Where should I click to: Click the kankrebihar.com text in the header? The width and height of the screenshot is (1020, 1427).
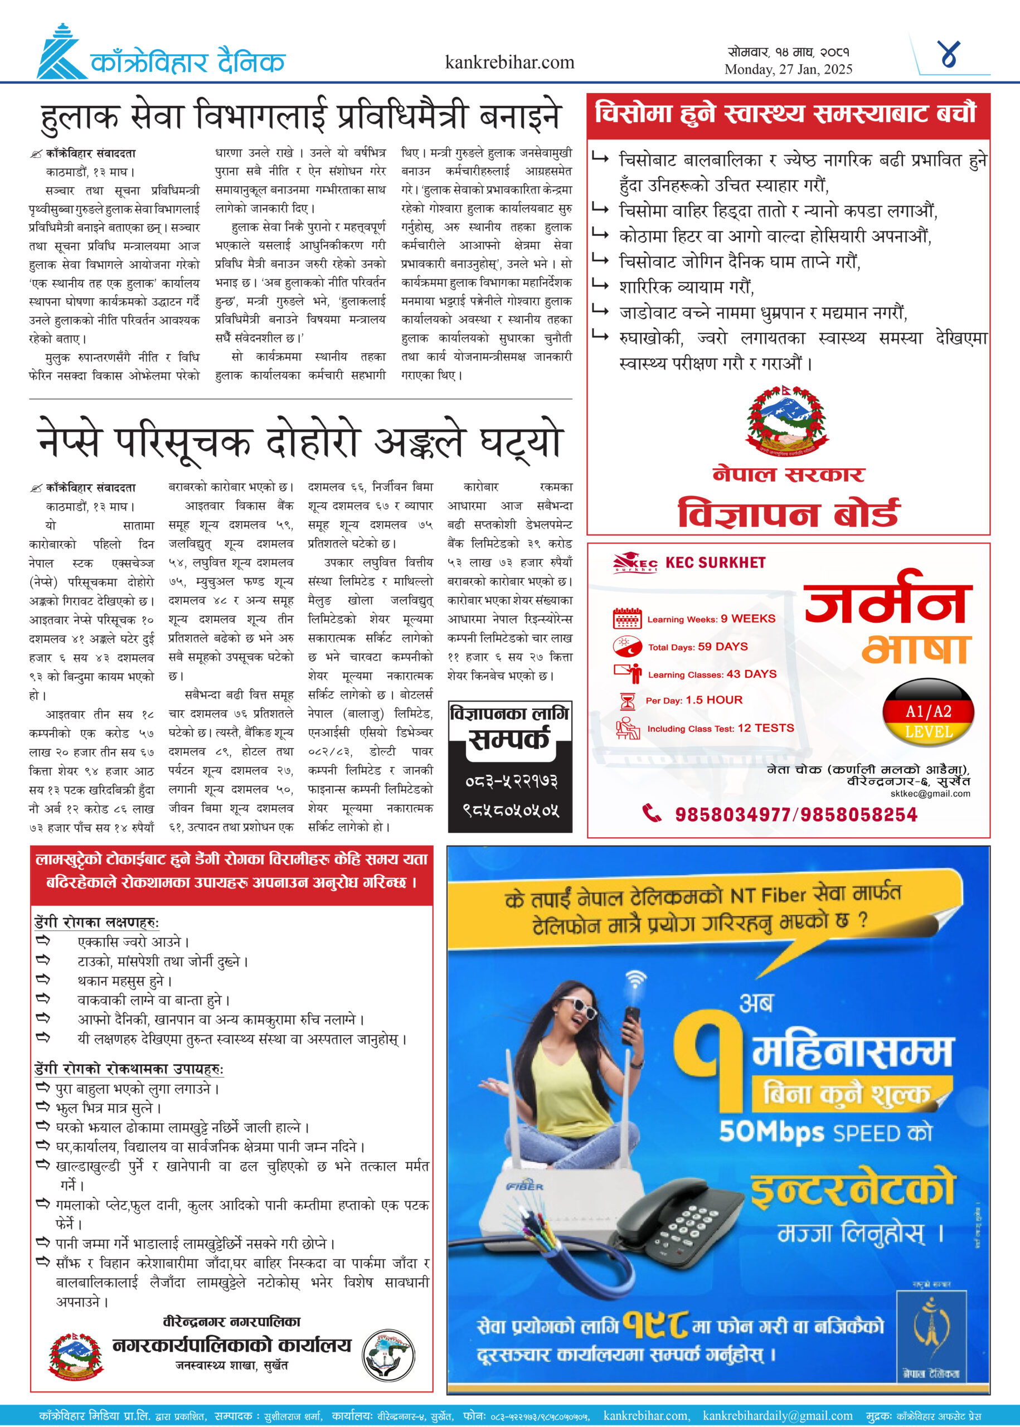(509, 62)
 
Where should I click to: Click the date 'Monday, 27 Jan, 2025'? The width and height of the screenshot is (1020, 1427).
(788, 70)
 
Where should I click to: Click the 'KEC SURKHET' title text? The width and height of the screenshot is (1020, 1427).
(715, 562)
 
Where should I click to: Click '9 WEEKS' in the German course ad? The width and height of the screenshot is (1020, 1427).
(747, 619)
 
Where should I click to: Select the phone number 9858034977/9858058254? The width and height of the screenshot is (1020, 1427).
(796, 814)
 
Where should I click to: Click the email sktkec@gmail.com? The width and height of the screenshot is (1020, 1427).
(930, 793)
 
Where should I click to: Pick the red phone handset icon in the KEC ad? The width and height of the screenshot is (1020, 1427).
(652, 813)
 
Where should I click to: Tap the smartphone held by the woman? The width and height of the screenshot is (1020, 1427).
(630, 1022)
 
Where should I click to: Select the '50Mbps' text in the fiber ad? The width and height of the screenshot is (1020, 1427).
(771, 1132)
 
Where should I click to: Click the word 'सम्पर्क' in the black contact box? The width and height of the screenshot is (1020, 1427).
(509, 740)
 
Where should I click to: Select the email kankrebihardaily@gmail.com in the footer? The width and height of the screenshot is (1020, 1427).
(778, 1415)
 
